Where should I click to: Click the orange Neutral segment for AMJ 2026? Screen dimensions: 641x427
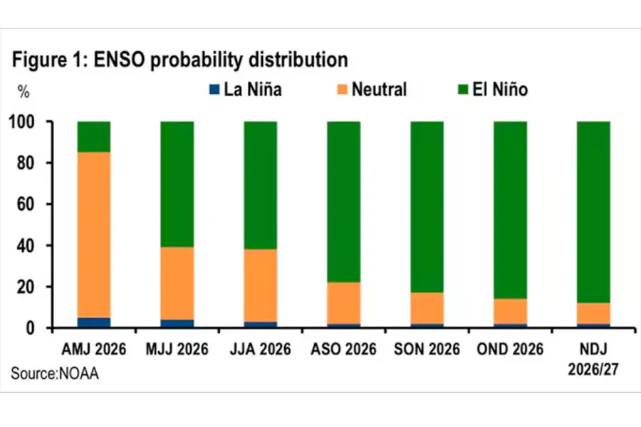tap(93, 235)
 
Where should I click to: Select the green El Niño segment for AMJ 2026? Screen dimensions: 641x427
tap(93, 137)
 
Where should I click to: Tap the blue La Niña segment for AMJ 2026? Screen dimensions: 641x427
tap(93, 322)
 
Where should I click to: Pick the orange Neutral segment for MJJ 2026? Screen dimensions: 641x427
tap(177, 283)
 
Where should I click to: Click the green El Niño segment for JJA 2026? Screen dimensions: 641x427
tap(261, 185)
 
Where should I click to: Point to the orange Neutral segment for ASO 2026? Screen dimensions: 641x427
tap(344, 302)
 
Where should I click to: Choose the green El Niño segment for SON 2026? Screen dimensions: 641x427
tap(427, 207)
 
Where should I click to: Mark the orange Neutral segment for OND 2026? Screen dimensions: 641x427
tap(510, 312)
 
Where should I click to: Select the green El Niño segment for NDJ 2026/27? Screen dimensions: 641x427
tap(593, 212)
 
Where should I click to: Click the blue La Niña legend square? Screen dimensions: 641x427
tap(214, 90)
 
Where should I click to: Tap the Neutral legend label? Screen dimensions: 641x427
tap(379, 90)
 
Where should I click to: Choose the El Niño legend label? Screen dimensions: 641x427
tap(500, 90)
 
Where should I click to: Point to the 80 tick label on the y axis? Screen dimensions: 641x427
tap(26, 163)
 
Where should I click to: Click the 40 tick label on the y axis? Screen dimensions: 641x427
tap(26, 246)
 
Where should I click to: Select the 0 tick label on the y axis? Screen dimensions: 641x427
tap(30, 328)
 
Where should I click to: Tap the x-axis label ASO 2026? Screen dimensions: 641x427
tap(343, 349)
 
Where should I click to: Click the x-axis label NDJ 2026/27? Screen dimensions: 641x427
tap(593, 359)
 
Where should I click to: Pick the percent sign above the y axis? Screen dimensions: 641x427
tap(24, 92)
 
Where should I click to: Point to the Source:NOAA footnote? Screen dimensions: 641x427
tap(55, 374)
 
